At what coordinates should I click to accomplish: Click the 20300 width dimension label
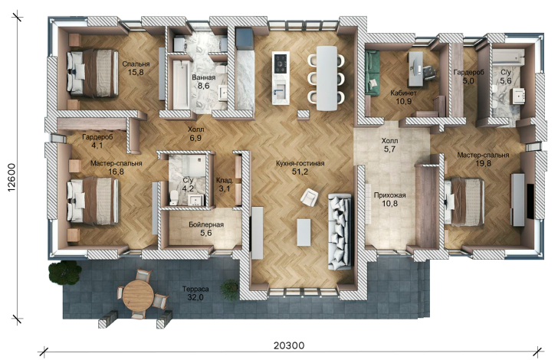[x=289, y=345]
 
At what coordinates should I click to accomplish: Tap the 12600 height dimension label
[x=11, y=177]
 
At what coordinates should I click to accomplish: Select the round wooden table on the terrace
[x=138, y=296]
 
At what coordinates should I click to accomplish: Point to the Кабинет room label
[x=403, y=93]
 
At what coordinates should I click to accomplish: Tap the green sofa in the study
[x=373, y=74]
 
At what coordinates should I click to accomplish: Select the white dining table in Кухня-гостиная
[x=327, y=78]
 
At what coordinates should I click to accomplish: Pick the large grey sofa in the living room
[x=340, y=231]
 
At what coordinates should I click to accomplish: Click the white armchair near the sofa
[x=309, y=197]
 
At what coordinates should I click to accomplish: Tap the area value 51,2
[x=300, y=172]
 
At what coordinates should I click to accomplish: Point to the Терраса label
[x=195, y=289]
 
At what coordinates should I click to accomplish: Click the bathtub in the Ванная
[x=180, y=84]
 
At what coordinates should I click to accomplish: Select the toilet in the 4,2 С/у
[x=174, y=198]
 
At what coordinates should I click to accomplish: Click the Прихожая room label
[x=389, y=195]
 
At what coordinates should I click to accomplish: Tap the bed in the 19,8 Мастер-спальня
[x=464, y=201]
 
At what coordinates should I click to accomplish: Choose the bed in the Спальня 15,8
[x=93, y=73]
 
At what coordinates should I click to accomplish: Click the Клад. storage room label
[x=225, y=180]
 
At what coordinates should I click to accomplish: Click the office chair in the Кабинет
[x=428, y=70]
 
